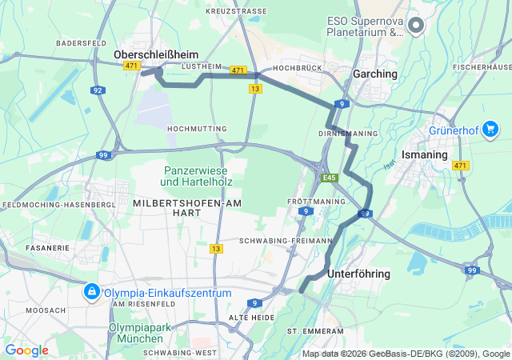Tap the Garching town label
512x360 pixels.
tap(375, 74)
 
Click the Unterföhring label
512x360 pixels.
tap(359, 274)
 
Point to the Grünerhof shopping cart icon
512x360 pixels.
tap(490, 128)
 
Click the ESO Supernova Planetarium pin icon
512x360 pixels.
tap(415, 26)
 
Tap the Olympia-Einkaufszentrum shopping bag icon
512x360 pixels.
tap(92, 292)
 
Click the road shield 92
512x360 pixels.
tap(98, 90)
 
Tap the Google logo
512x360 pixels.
tap(26, 350)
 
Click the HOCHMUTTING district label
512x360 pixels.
tap(197, 128)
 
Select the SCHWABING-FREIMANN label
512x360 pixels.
tap(286, 240)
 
